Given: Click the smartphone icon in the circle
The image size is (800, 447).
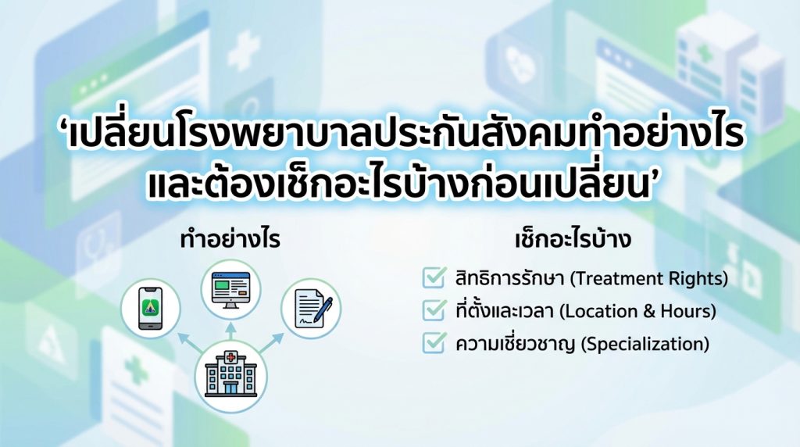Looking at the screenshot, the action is (x=151, y=308).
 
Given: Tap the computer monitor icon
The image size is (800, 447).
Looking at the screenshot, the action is (x=230, y=289).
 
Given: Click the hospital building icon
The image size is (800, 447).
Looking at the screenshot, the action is (x=230, y=374).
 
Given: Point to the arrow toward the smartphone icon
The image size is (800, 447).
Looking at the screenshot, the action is (x=188, y=343).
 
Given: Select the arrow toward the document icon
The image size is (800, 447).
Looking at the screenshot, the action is (x=272, y=342).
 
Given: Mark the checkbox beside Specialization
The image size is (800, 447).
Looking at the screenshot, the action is (x=434, y=342).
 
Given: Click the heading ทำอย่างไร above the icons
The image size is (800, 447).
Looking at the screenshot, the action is (x=230, y=239).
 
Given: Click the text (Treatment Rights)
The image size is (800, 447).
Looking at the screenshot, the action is (x=648, y=279).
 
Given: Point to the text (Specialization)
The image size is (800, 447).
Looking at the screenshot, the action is (x=645, y=344).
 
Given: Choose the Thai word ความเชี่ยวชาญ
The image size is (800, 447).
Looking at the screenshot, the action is (x=516, y=343).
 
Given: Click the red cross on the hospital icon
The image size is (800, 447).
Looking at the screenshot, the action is (x=231, y=357).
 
